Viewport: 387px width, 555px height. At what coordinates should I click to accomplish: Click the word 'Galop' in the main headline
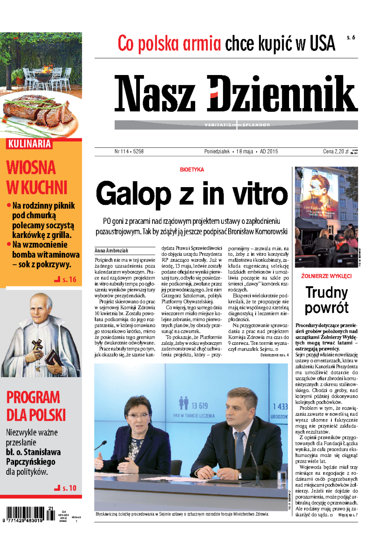click(133, 194)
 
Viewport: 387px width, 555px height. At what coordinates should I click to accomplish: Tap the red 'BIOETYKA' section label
click(192, 170)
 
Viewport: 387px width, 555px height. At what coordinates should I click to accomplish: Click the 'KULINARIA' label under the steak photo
click(29, 144)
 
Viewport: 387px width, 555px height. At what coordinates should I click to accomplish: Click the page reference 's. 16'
click(69, 280)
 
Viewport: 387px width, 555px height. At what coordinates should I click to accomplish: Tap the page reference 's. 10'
click(69, 488)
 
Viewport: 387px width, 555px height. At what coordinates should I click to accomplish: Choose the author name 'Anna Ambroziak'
click(111, 250)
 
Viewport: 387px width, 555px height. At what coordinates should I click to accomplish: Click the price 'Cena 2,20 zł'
click(335, 152)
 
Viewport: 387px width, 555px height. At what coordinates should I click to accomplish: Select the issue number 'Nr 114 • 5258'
click(129, 152)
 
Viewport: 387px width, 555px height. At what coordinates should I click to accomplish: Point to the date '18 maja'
click(245, 152)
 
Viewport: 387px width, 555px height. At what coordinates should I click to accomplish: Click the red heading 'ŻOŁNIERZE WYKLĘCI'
click(326, 276)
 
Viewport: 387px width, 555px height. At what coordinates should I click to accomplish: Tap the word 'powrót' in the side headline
click(326, 308)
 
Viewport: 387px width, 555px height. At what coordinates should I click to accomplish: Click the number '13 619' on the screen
click(200, 406)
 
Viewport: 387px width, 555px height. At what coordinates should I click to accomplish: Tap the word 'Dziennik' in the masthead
click(282, 94)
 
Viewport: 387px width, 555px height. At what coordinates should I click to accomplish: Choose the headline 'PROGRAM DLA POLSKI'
click(35, 407)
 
